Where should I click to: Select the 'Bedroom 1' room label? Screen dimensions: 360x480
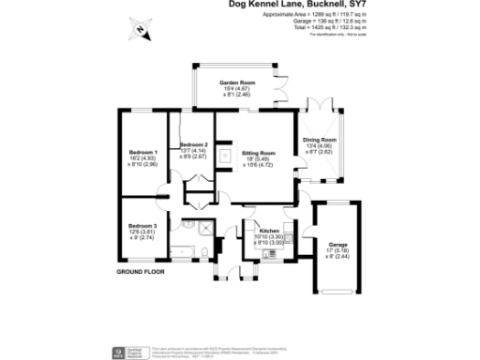[x=142, y=152]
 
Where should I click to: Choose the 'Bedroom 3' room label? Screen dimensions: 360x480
[x=142, y=227]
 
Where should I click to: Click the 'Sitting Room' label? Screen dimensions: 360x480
[x=259, y=152]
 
